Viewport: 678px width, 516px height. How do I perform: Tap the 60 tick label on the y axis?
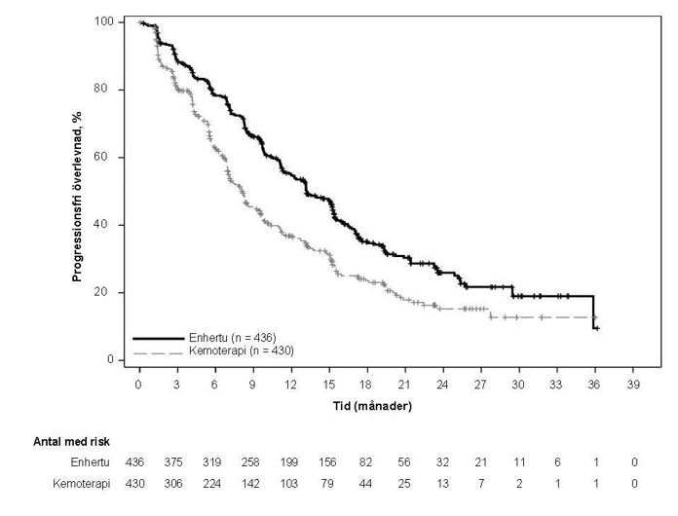point(110,157)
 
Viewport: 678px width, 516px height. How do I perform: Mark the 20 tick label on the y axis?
point(110,292)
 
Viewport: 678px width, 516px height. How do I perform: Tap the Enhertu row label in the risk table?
point(90,461)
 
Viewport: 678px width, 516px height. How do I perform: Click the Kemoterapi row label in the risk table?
point(82,483)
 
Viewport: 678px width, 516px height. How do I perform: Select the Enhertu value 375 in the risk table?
point(176,461)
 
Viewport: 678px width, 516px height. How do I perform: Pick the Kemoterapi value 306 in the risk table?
point(176,483)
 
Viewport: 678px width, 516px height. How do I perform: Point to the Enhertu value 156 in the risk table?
point(328,461)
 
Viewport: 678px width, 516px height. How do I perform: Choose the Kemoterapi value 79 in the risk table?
point(328,483)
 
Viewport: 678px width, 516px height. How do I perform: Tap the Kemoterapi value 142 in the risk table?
point(252,483)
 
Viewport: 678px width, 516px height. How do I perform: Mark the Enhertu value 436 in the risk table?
point(139,461)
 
